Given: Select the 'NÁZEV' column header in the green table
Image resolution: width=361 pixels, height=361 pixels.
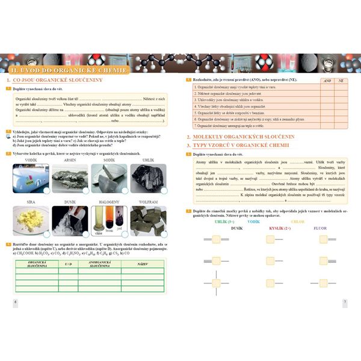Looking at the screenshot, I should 143,264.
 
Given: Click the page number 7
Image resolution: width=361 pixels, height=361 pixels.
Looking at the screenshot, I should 345,301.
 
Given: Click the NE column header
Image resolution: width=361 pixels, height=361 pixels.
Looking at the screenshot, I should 341,80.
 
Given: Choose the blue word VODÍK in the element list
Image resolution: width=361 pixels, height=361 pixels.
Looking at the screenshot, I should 253,222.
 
